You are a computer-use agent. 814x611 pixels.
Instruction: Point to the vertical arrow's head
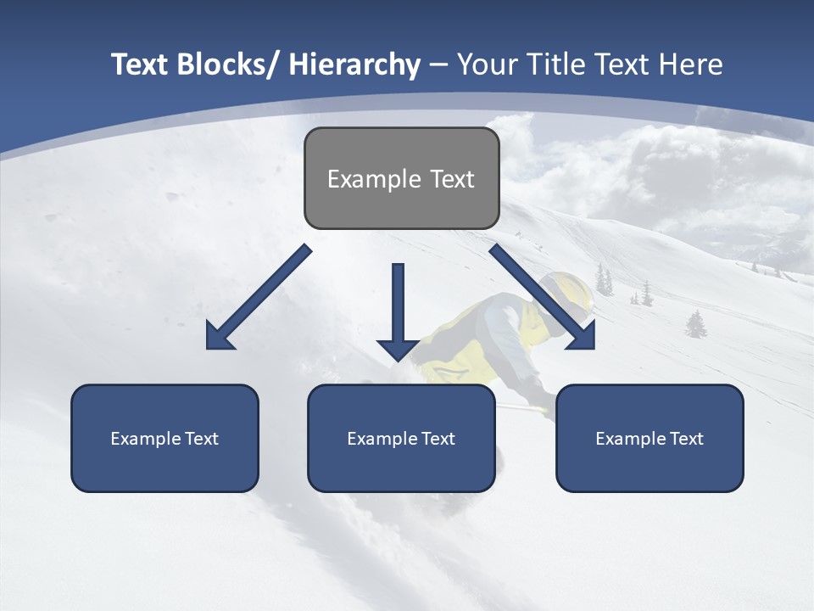[x=398, y=349]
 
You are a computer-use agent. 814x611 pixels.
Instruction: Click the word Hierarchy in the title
[x=354, y=64]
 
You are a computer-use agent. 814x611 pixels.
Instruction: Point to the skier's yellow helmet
[x=567, y=291]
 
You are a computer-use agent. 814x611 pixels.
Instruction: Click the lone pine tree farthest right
[x=696, y=324]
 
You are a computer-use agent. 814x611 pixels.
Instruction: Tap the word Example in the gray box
[x=374, y=179]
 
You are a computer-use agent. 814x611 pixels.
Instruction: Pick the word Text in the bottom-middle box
[x=438, y=439]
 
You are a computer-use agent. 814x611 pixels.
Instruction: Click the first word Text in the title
[x=140, y=64]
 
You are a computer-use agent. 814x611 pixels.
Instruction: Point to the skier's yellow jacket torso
[x=462, y=339]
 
